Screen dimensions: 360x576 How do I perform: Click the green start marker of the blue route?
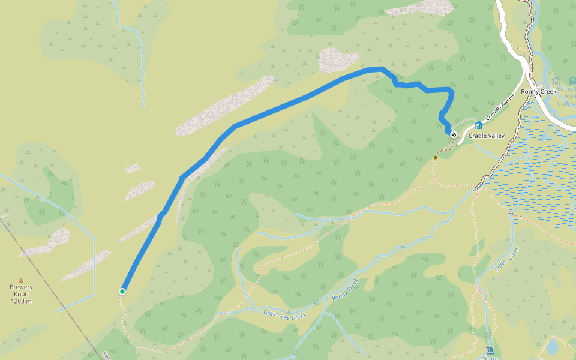coord(122,292)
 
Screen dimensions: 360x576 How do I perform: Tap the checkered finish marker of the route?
coord(454,134)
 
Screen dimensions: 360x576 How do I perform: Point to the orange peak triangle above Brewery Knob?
coord(21,280)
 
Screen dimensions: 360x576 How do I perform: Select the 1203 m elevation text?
coord(21,301)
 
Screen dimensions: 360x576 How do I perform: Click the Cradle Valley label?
coord(487,136)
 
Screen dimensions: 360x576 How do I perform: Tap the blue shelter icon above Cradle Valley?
coord(478,125)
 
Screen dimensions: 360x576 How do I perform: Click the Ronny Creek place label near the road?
coord(539,92)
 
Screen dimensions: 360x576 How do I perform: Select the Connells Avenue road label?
coord(501,108)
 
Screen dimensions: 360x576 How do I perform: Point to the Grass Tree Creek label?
coord(285,314)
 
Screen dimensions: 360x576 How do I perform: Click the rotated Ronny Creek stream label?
coord(344,289)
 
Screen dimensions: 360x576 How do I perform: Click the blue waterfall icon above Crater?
coord(490,350)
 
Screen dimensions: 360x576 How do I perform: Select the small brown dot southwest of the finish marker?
coord(436,158)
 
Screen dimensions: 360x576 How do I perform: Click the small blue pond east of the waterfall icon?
coord(552,347)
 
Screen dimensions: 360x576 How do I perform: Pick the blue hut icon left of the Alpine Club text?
coord(556,81)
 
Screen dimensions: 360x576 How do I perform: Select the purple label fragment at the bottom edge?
coord(106,355)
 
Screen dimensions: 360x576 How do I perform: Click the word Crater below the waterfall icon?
coord(490,358)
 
